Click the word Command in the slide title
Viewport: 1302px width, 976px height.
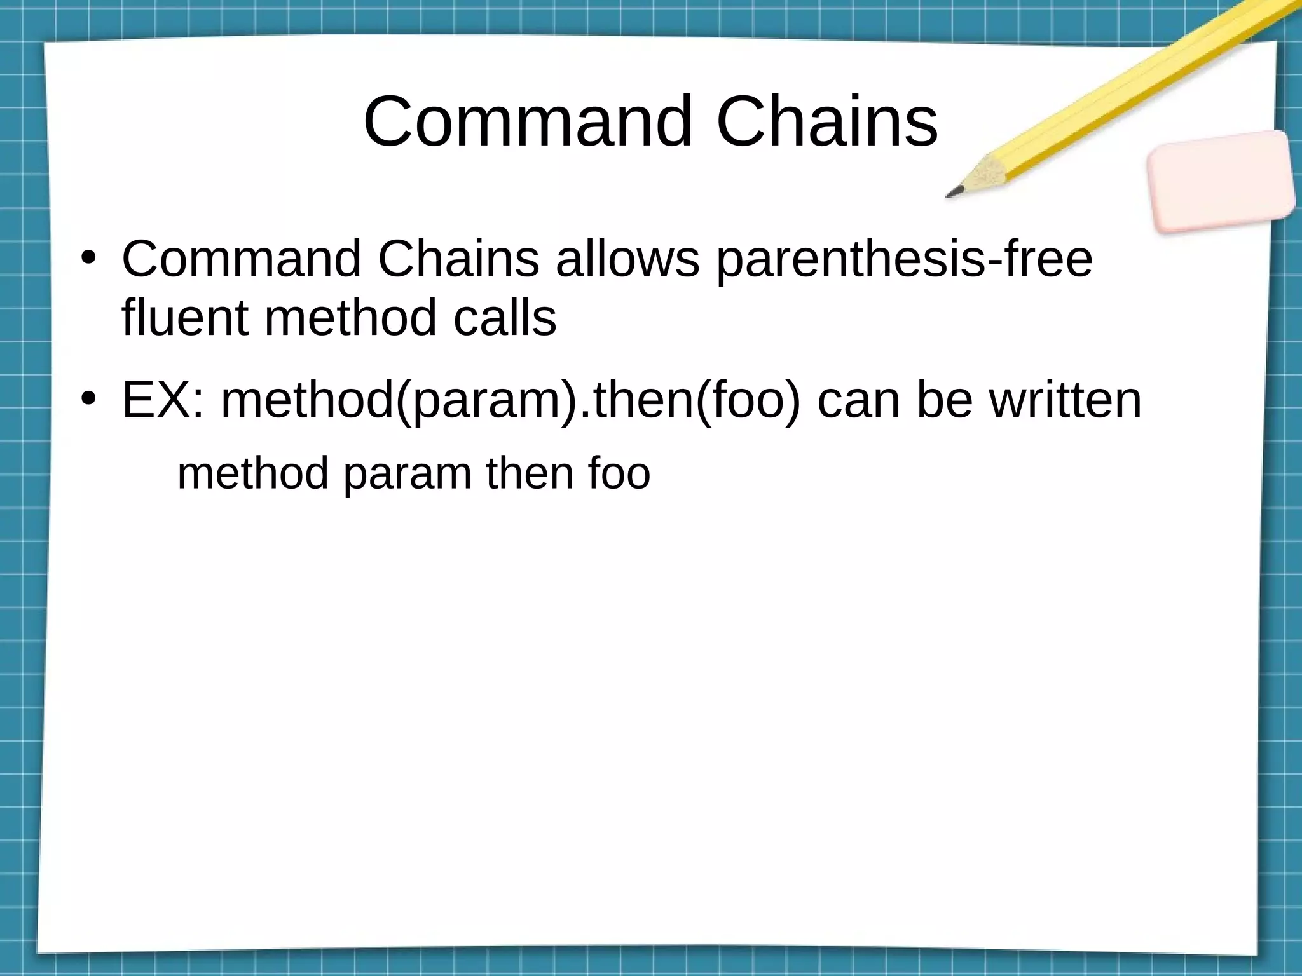click(527, 121)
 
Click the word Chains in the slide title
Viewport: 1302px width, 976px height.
click(826, 121)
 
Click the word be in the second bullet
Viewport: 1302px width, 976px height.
click(944, 400)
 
